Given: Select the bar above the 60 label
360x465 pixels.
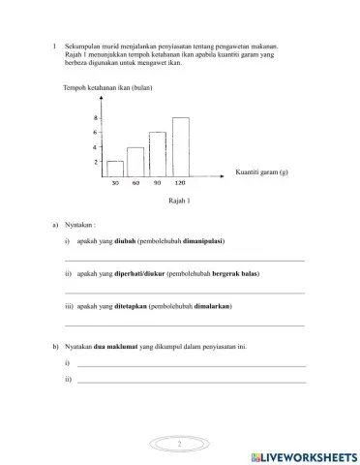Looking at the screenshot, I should coord(135,161).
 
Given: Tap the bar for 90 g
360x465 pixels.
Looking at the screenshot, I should coord(158,153).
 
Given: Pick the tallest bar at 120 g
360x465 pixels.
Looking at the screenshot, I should coord(181,146).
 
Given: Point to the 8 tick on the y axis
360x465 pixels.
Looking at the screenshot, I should coord(96,118).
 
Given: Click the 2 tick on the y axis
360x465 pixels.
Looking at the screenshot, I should coord(96,162).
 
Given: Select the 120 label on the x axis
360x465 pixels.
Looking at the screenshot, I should coord(181,182).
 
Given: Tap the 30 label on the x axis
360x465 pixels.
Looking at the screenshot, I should coord(115,182).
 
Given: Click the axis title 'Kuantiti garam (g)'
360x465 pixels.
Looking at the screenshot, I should coord(261,171).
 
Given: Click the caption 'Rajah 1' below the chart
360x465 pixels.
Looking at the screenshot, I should coord(180,201).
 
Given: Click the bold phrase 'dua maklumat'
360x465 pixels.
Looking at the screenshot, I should coord(111,346).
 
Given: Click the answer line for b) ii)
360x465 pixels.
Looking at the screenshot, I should coord(192,382).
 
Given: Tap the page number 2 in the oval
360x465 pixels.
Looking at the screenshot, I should coord(180,443).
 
